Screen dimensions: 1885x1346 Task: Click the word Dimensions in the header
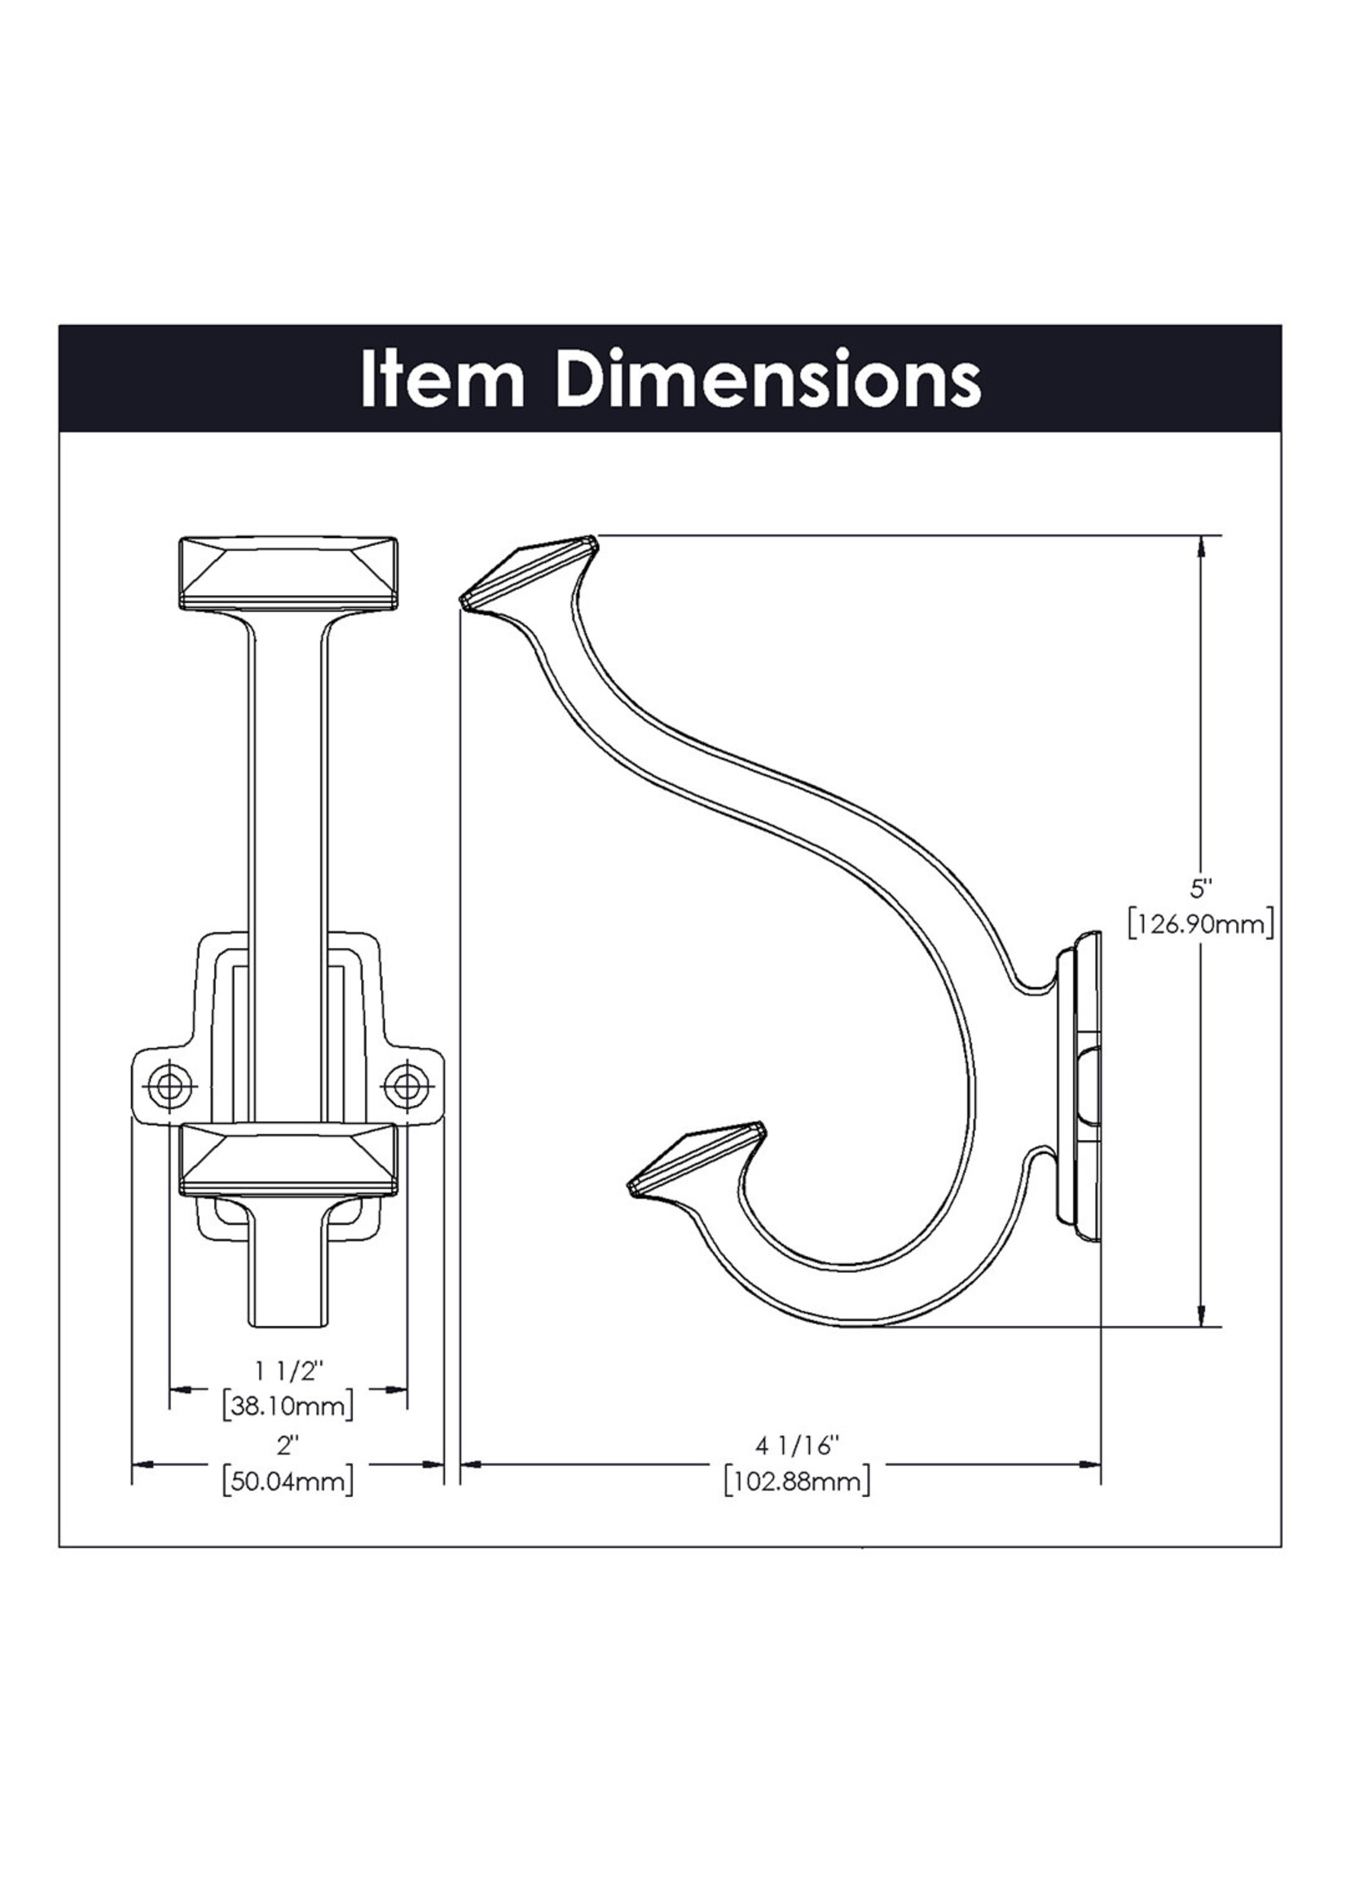pyautogui.click(x=768, y=380)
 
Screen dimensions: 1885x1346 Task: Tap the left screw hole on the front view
pyautogui.click(x=171, y=1083)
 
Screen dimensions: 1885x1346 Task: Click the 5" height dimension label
pyautogui.click(x=1201, y=889)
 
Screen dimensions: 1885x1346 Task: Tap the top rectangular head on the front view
pyautogui.click(x=288, y=575)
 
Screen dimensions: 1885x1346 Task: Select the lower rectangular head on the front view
pyautogui.click(x=288, y=1161)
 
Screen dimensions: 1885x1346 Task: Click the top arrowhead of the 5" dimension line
pyautogui.click(x=1201, y=548)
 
